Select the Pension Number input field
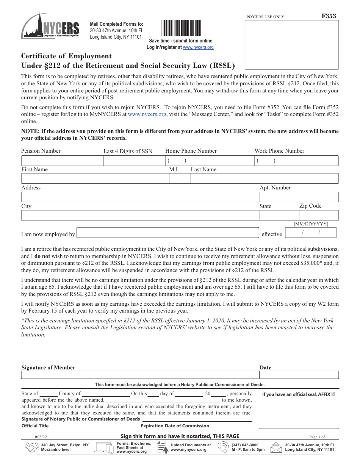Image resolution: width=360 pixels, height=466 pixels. [x=62, y=160]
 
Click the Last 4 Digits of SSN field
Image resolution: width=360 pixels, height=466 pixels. [x=133, y=160]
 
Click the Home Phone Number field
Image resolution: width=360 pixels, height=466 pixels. [x=209, y=160]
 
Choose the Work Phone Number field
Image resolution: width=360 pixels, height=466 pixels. [x=296, y=160]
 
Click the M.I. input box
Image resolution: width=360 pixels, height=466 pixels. [x=178, y=178]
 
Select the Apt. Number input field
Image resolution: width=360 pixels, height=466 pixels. [x=299, y=197]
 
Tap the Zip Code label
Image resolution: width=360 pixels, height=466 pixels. [x=310, y=206]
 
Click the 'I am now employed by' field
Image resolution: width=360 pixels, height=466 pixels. [x=167, y=233]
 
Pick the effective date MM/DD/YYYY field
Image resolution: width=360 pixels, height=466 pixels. [x=311, y=232]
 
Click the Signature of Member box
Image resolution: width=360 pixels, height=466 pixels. [x=139, y=375]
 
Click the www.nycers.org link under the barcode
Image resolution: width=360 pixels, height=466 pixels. [x=198, y=47]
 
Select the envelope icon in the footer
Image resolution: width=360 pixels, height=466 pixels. [x=277, y=448]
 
